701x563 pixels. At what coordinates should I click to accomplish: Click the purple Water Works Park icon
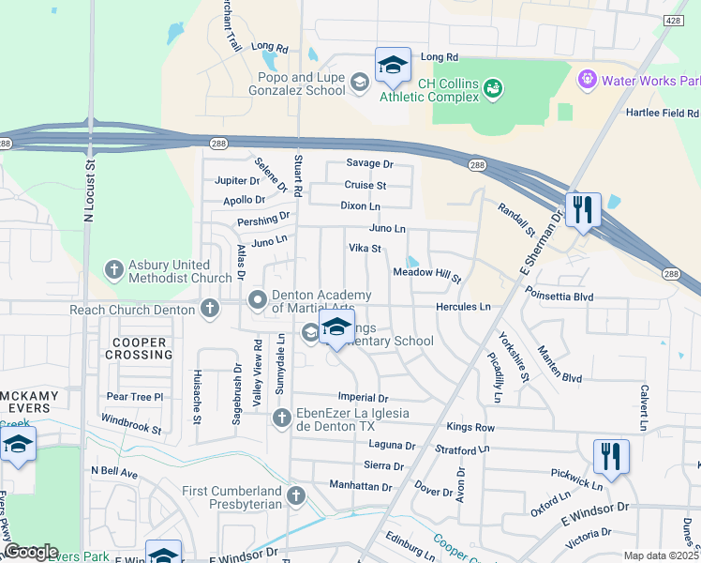pyautogui.click(x=588, y=80)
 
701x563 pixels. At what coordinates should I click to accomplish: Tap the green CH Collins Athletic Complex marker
pyautogui.click(x=492, y=88)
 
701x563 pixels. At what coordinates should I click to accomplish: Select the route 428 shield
pyautogui.click(x=672, y=19)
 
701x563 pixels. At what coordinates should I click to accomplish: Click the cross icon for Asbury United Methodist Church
pyautogui.click(x=113, y=270)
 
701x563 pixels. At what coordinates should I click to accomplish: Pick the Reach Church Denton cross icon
pyautogui.click(x=209, y=308)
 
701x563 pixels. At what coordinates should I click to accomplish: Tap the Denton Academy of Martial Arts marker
pyautogui.click(x=258, y=299)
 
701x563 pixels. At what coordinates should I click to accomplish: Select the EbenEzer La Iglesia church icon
pyautogui.click(x=280, y=418)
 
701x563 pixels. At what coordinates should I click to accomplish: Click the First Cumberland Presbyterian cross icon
pyautogui.click(x=296, y=495)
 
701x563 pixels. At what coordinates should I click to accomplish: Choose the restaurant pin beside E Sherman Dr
pyautogui.click(x=583, y=210)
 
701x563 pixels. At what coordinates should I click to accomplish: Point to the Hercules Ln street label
pyautogui.click(x=463, y=307)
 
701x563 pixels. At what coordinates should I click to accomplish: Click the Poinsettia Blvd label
pyautogui.click(x=559, y=297)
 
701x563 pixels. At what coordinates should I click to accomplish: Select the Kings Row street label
pyautogui.click(x=470, y=427)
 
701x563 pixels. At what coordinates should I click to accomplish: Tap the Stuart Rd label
pyautogui.click(x=297, y=175)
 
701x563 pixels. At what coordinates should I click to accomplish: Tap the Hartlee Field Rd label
pyautogui.click(x=662, y=113)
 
